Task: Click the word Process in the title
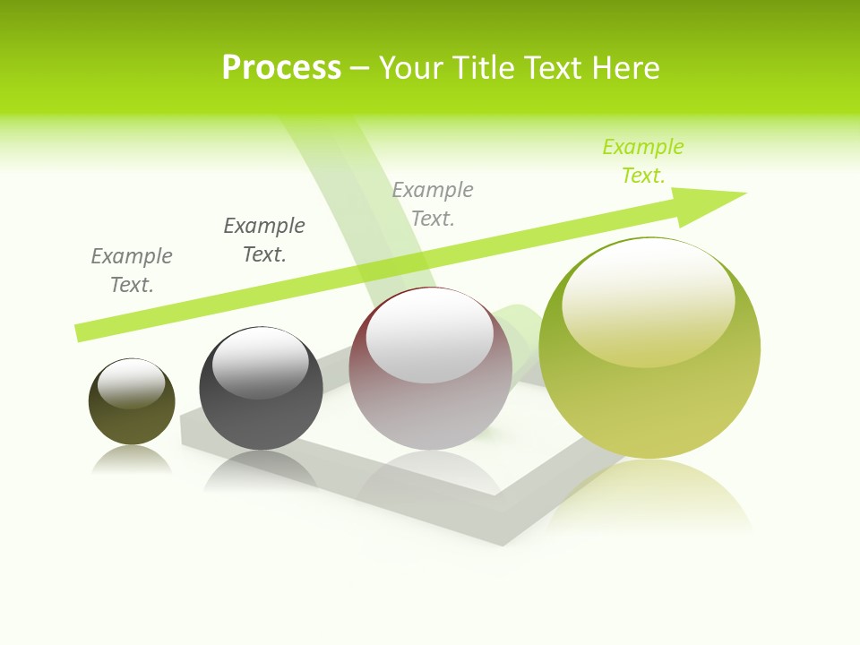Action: [x=281, y=68]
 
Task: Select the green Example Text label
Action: [x=643, y=161]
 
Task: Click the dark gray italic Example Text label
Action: [x=264, y=240]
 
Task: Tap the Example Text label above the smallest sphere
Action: [x=132, y=271]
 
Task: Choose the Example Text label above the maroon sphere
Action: [x=433, y=204]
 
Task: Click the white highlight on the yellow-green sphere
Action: [x=648, y=300]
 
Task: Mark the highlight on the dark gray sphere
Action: [x=261, y=363]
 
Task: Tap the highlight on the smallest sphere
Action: [x=131, y=383]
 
